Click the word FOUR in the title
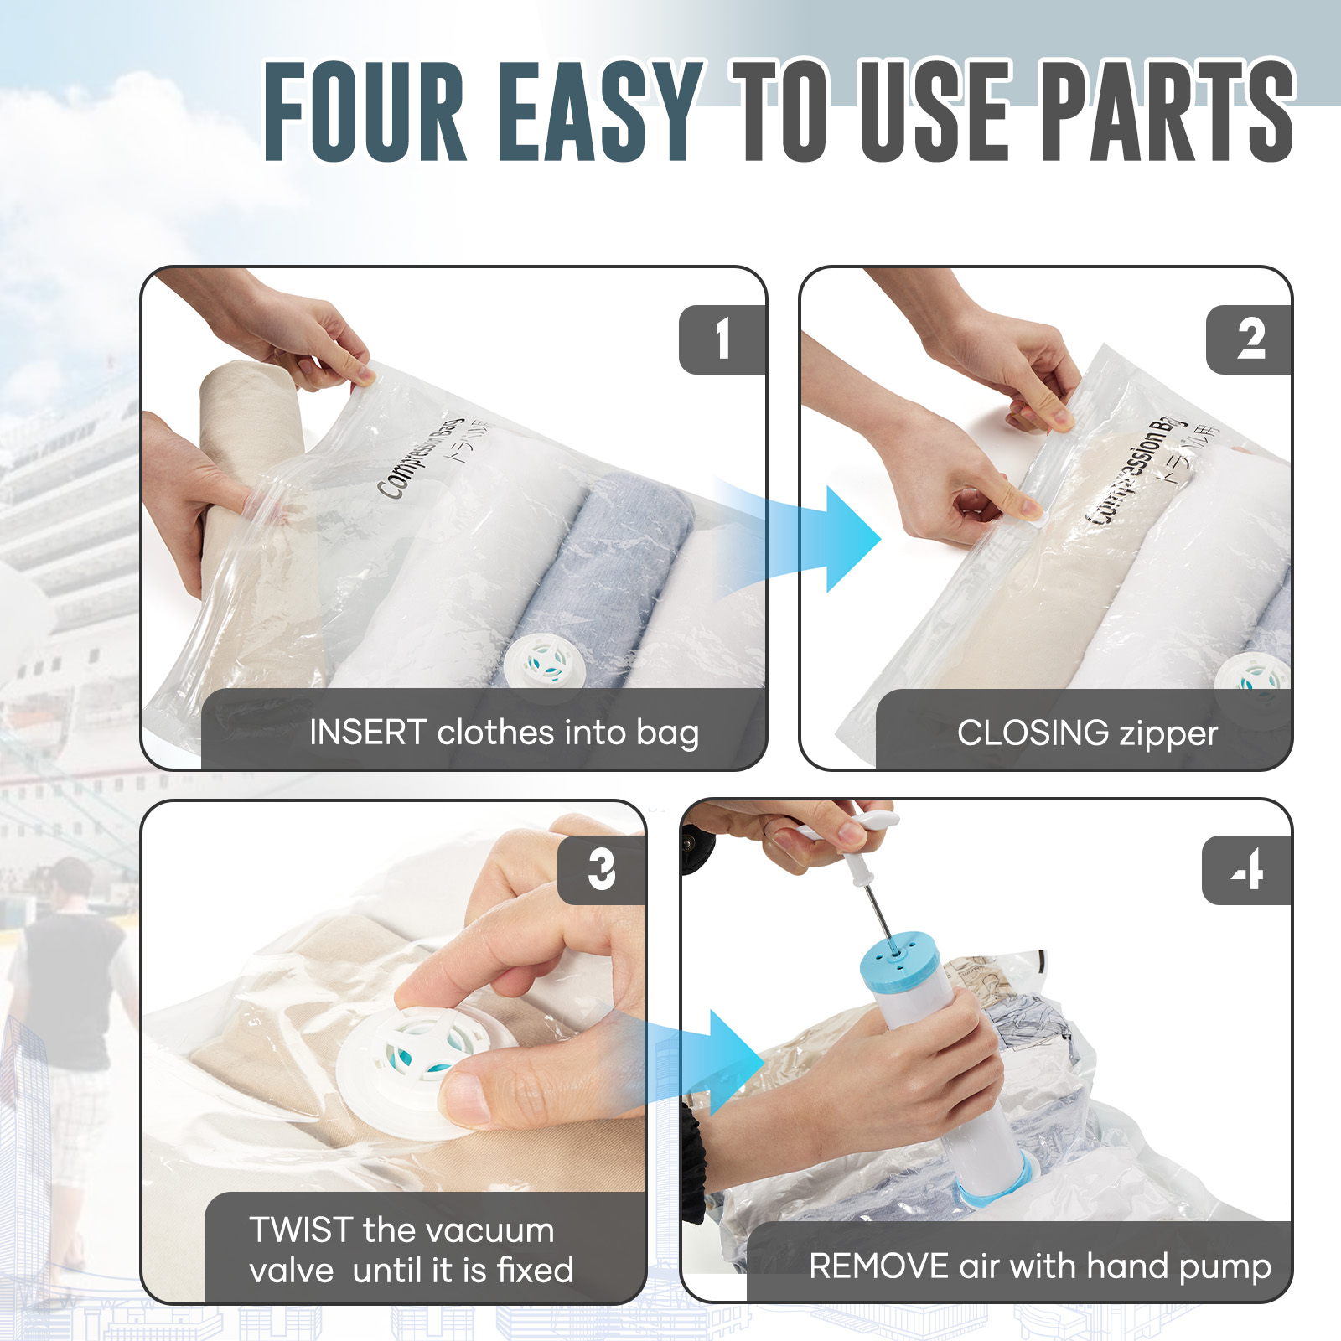pyautogui.click(x=365, y=111)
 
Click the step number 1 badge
pyautogui.click(x=722, y=339)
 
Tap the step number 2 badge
pyautogui.click(x=1250, y=339)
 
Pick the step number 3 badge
pyautogui.click(x=602, y=870)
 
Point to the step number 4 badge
pyautogui.click(x=1247, y=870)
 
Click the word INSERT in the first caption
pyautogui.click(x=369, y=733)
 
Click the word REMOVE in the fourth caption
pyautogui.click(x=878, y=1266)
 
